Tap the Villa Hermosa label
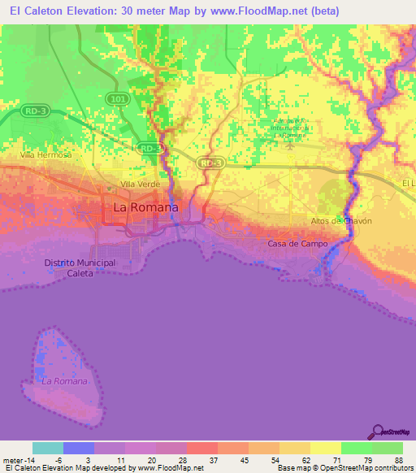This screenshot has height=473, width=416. pos(46,154)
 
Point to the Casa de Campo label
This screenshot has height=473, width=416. pos(298,244)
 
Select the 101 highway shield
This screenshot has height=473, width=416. pos(118,98)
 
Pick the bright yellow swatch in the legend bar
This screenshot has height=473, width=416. pos(325,448)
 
